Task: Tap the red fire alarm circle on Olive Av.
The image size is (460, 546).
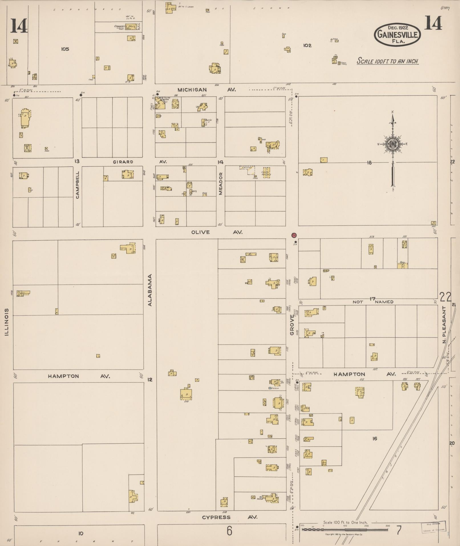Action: (x=294, y=235)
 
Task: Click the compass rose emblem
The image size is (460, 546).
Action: (x=392, y=145)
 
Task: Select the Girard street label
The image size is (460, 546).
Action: (x=123, y=162)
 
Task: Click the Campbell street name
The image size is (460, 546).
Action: (x=78, y=185)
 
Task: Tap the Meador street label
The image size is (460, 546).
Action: (x=220, y=184)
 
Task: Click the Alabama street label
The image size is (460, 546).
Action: (x=150, y=290)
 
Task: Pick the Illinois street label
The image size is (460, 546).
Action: (x=7, y=322)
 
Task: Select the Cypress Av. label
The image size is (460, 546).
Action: (x=230, y=517)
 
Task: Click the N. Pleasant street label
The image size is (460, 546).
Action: (x=444, y=325)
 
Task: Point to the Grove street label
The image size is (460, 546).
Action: (x=292, y=325)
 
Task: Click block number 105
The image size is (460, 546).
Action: (x=65, y=49)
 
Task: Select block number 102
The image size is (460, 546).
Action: (x=307, y=45)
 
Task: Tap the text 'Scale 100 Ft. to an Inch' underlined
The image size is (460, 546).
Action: (x=387, y=61)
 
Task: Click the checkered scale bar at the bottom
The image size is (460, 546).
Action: (x=345, y=530)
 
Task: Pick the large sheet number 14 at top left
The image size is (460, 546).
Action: (x=19, y=26)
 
